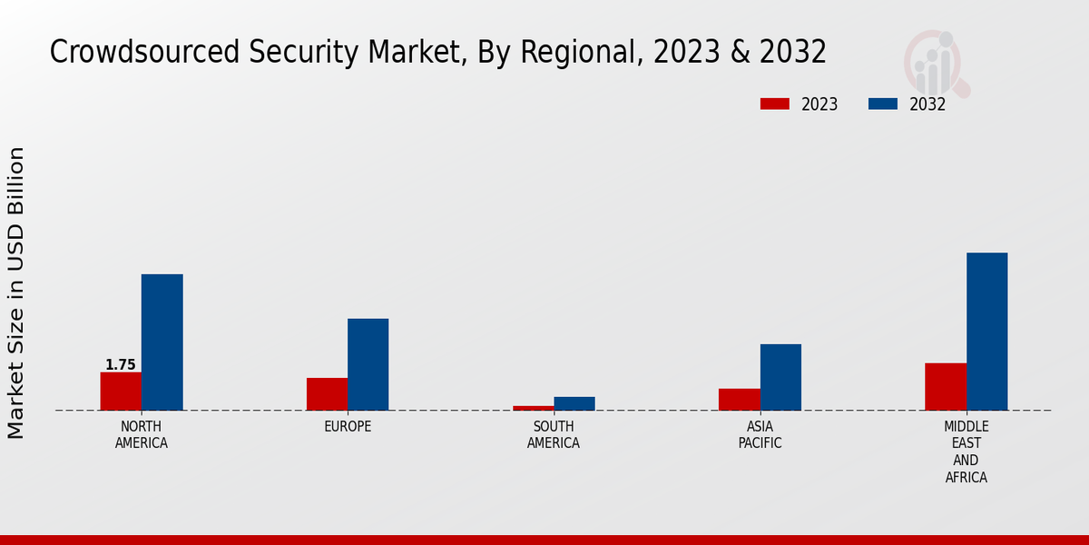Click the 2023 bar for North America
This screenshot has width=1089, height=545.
121,391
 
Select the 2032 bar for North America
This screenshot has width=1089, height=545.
162,342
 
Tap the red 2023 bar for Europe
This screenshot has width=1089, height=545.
327,393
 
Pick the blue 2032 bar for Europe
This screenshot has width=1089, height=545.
368,363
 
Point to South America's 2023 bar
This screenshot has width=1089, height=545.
534,408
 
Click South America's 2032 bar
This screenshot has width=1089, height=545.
574,403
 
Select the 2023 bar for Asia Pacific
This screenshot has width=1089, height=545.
740,399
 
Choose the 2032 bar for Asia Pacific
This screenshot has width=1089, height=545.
780,377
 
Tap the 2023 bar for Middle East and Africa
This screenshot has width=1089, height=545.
946,386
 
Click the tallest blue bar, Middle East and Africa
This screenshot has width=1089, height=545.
986,331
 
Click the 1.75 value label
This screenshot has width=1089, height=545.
121,365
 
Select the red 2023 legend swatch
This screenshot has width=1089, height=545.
774,104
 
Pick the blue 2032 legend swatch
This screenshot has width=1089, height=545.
882,104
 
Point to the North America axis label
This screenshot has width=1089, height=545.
142,435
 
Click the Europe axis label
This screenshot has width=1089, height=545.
348,427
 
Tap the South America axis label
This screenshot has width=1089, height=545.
554,435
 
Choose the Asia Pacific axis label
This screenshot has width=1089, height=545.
760,435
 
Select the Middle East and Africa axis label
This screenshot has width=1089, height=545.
966,451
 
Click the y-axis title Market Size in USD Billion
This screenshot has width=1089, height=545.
16,292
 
